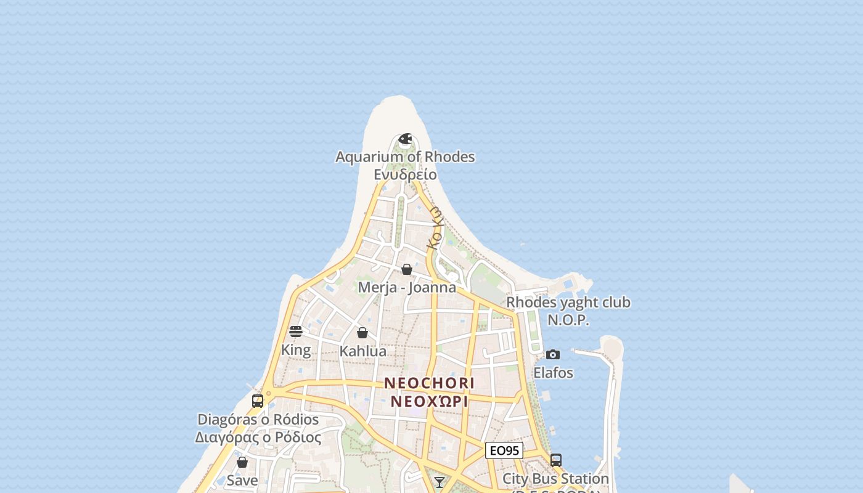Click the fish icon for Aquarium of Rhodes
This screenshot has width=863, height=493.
(x=405, y=139)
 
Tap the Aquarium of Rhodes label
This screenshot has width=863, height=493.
(x=405, y=157)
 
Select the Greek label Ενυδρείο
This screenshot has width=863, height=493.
(x=405, y=174)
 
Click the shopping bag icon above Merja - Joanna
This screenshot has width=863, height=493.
(x=407, y=269)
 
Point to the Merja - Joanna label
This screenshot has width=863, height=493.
(x=407, y=287)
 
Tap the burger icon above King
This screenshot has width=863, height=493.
(x=296, y=332)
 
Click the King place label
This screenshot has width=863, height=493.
(x=296, y=350)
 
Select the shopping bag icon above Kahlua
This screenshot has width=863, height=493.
(x=362, y=333)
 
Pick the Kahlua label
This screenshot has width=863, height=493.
(x=363, y=351)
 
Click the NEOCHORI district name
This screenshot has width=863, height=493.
(x=430, y=383)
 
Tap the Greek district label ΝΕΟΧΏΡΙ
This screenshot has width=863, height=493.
(x=430, y=401)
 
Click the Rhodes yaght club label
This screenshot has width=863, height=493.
(x=568, y=303)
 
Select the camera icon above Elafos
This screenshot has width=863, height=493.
(x=553, y=354)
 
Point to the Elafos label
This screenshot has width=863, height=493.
(x=553, y=373)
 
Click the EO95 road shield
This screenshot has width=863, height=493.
(x=504, y=450)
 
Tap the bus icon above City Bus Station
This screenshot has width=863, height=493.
(x=556, y=460)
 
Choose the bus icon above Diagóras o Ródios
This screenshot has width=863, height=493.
(x=258, y=401)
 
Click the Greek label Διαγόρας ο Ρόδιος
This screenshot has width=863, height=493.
(x=258, y=438)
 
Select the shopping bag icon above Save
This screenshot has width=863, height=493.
(x=242, y=462)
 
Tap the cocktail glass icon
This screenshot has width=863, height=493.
(x=440, y=482)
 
